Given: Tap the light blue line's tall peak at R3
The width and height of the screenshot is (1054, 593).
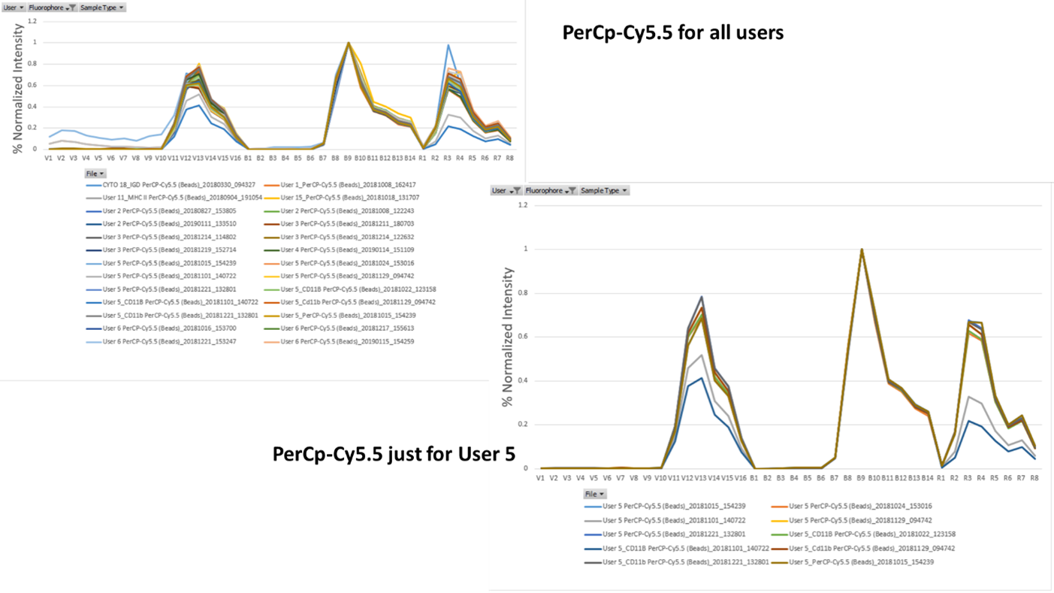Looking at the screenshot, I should (448, 45).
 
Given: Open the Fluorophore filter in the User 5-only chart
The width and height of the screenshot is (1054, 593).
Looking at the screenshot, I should (551, 191).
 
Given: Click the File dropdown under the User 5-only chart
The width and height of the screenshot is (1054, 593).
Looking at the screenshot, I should (595, 494).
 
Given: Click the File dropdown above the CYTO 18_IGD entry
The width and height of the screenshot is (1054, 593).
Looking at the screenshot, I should (95, 174).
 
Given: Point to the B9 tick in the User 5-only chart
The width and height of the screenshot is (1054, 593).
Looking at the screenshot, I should (862, 478).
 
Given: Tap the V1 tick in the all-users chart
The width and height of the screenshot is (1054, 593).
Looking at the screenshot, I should (48, 159).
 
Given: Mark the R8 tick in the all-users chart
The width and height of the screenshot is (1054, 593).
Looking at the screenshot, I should (509, 159).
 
